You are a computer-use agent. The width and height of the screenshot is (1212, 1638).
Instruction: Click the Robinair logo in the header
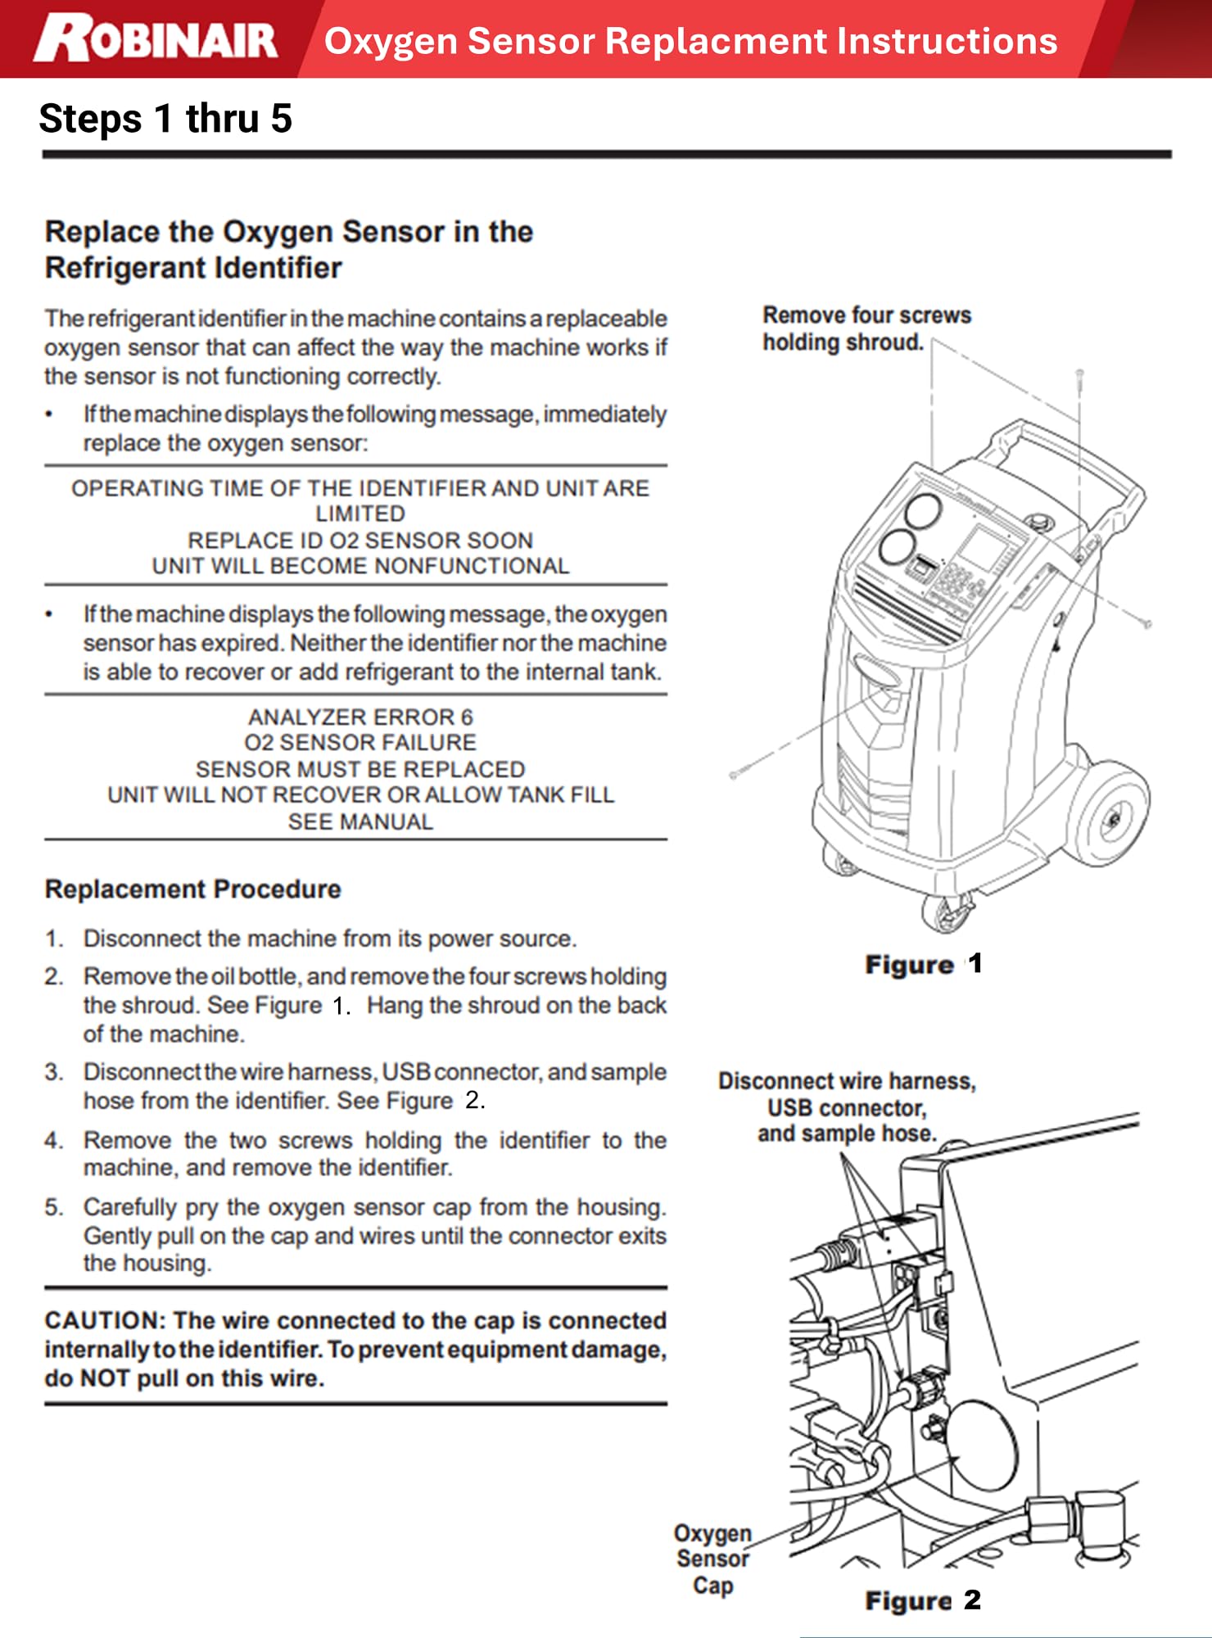point(156,39)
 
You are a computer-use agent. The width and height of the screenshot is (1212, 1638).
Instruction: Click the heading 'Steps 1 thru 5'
point(165,119)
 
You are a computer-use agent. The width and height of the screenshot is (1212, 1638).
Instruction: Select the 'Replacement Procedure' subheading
point(192,889)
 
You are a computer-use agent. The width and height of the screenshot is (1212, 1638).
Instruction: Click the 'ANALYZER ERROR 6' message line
point(360,717)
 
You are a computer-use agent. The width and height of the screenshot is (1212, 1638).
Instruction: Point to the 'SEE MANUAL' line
point(360,821)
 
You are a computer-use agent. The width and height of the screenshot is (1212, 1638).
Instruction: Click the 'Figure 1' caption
point(923,964)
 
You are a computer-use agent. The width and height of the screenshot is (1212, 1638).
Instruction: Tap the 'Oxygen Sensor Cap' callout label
point(712,1559)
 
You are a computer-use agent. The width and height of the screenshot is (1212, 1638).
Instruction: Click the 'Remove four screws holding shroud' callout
point(866,328)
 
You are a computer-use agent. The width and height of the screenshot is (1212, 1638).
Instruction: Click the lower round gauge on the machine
point(898,547)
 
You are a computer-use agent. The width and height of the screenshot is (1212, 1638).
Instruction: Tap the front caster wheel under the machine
point(947,911)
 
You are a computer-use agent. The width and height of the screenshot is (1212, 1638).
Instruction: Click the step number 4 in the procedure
point(54,1140)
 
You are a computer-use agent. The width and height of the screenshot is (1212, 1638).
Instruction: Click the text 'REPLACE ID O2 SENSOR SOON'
point(360,541)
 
